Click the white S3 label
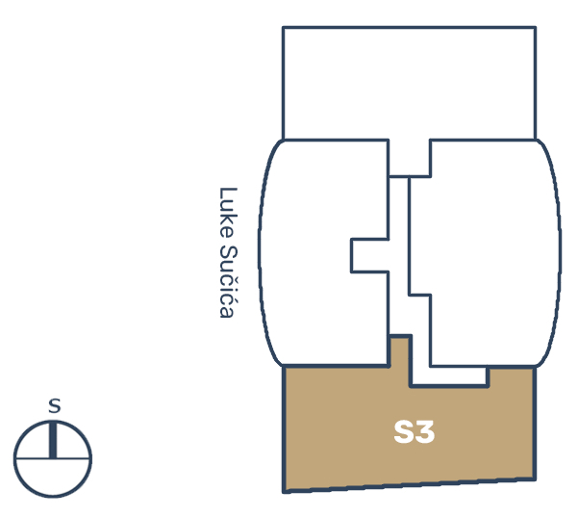pyautogui.click(x=414, y=431)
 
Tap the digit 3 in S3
pyautogui.click(x=425, y=431)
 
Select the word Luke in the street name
pyautogui.click(x=228, y=212)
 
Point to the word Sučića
pyautogui.click(x=228, y=281)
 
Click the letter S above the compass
pyautogui.click(x=54, y=406)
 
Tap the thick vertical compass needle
pyautogui.click(x=53, y=440)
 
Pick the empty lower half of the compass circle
pyautogui.click(x=53, y=477)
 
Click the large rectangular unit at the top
pyautogui.click(x=409, y=84)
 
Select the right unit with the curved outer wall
pyautogui.click(x=494, y=253)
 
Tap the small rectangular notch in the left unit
pyautogui.click(x=369, y=256)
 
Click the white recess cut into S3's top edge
pyautogui.click(x=450, y=375)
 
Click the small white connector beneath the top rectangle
pyautogui.click(x=409, y=158)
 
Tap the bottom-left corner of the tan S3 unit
pyautogui.click(x=285, y=492)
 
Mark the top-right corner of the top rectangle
pyautogui.click(x=536, y=27)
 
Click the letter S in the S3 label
pyautogui.click(x=404, y=431)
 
